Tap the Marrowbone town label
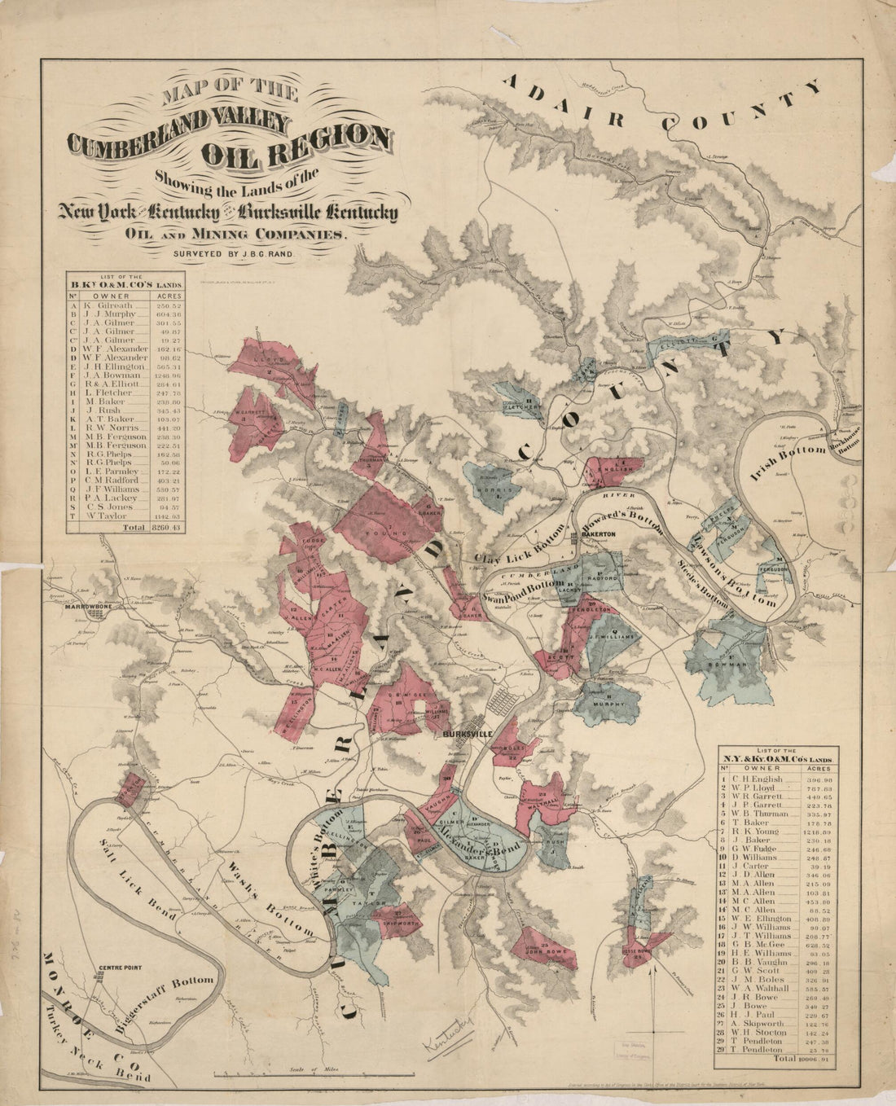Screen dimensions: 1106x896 pyautogui.click(x=90, y=605)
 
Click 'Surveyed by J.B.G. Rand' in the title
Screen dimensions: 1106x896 pyautogui.click(x=232, y=253)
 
